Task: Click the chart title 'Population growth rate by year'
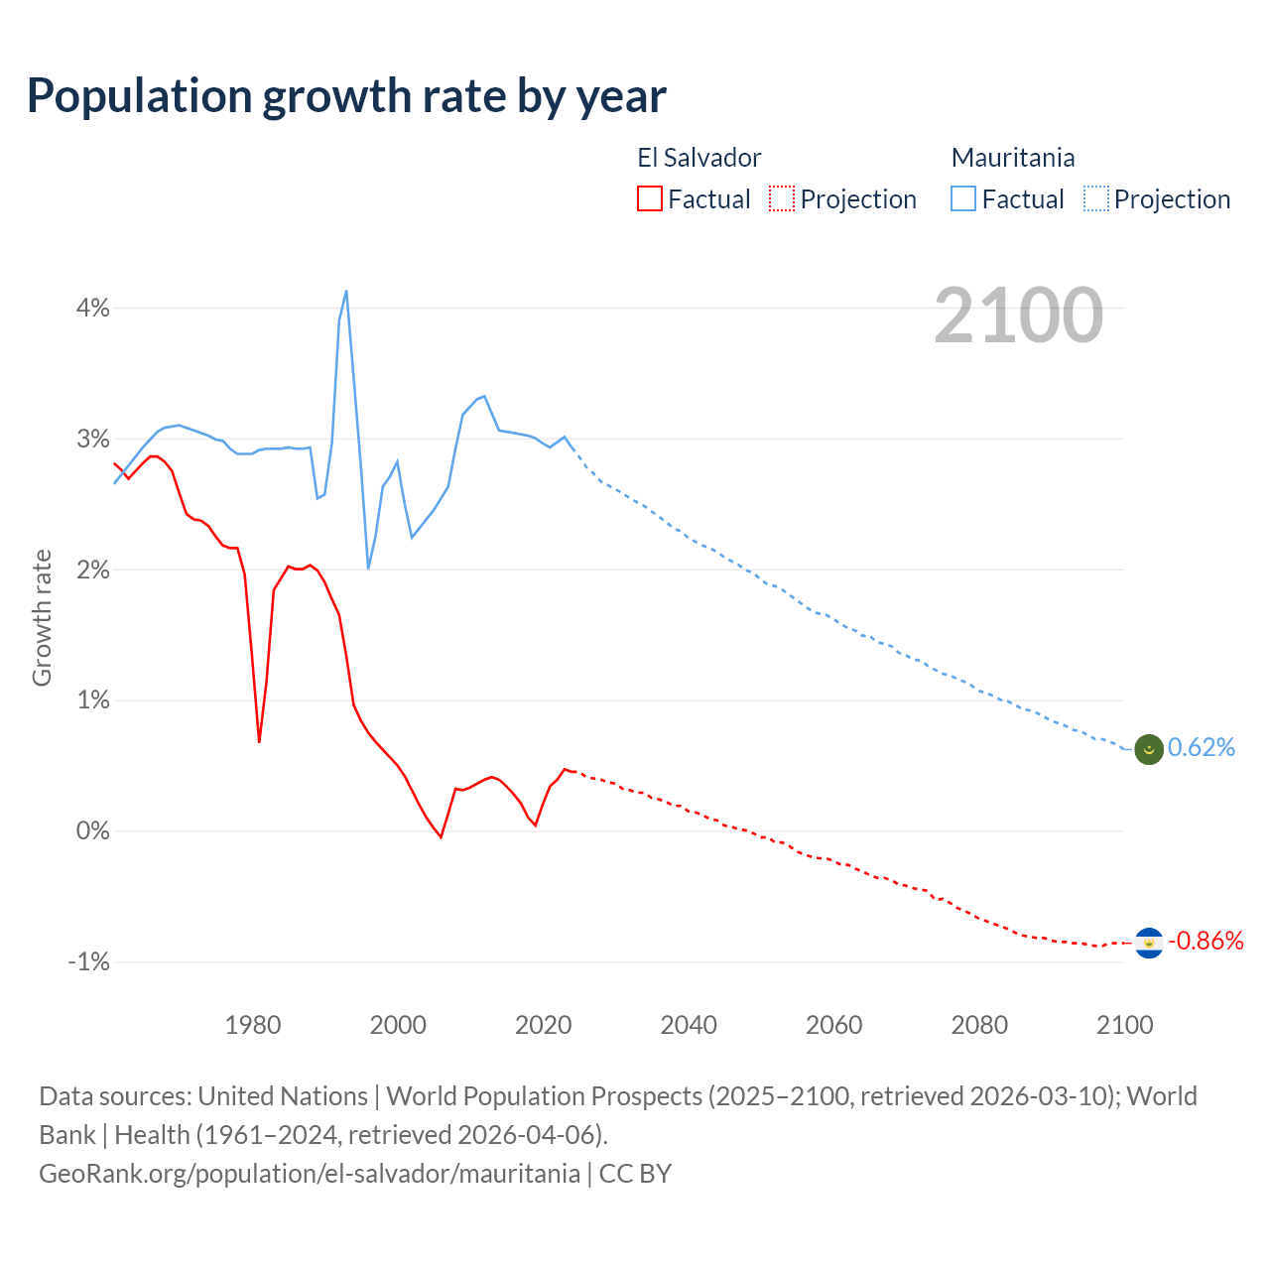coord(346,96)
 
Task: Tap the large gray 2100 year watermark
coord(1018,316)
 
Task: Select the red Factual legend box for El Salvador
coord(650,199)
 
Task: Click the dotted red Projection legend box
coord(782,199)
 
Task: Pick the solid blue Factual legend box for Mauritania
coord(963,199)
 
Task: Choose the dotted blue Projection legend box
coord(1095,199)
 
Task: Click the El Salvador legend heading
coord(698,158)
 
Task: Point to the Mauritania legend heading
coord(1012,158)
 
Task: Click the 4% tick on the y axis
coord(93,308)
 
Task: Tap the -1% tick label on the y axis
coord(89,961)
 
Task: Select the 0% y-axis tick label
coord(93,830)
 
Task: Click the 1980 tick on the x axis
coord(253,1025)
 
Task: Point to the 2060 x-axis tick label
coord(833,1025)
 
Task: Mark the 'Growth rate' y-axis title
coord(42,617)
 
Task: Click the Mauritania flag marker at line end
coord(1149,749)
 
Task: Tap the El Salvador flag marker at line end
coord(1149,942)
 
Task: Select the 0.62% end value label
coord(1202,748)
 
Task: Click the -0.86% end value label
coord(1206,941)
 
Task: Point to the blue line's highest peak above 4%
coord(345,291)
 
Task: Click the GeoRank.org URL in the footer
coord(310,1174)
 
